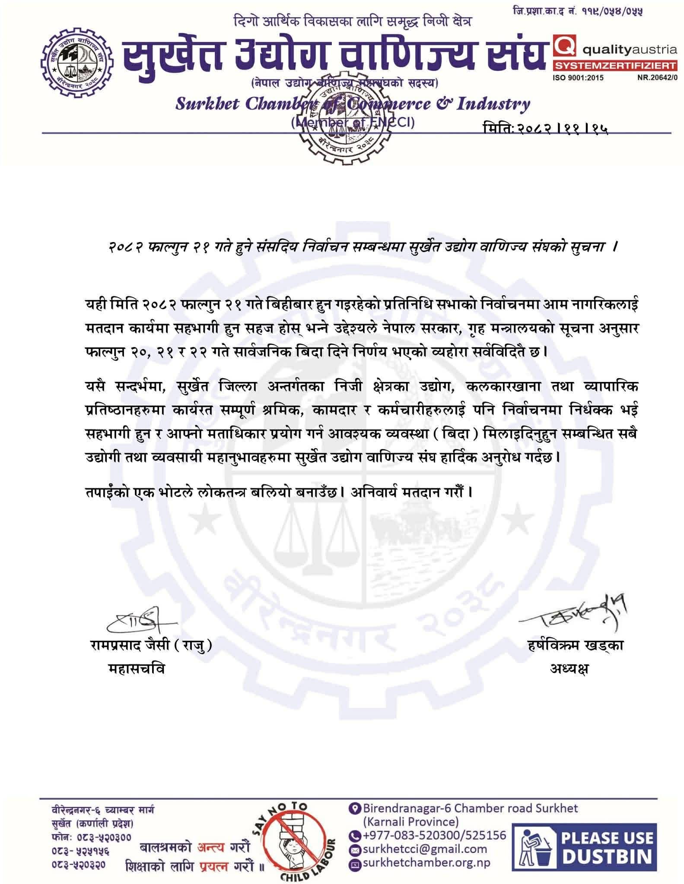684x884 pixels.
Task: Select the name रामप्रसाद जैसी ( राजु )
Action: pyautogui.click(x=151, y=646)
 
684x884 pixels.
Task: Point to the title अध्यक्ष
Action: pyautogui.click(x=569, y=669)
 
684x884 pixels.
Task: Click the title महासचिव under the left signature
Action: pyautogui.click(x=136, y=669)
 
